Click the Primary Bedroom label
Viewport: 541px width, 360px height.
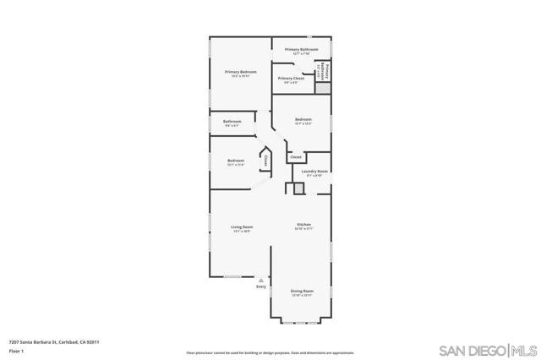(x=240, y=73)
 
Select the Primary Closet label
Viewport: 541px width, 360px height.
(x=292, y=79)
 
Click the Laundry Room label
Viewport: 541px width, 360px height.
(x=314, y=171)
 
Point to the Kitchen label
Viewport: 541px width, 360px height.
(x=303, y=224)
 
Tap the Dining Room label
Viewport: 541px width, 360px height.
(x=302, y=292)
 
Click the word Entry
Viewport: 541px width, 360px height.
(x=260, y=287)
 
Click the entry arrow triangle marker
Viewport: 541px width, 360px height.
(x=260, y=280)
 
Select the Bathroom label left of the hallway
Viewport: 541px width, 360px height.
(x=232, y=122)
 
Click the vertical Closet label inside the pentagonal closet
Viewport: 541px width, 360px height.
(x=265, y=159)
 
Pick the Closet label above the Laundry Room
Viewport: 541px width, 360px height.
(x=296, y=157)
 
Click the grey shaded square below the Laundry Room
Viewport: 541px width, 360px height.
(x=298, y=189)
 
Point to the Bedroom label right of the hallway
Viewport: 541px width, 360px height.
(x=303, y=120)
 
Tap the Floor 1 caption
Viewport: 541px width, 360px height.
(x=15, y=352)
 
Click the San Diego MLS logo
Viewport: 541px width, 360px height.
(x=487, y=349)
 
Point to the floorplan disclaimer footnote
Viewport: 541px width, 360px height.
(x=270, y=352)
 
